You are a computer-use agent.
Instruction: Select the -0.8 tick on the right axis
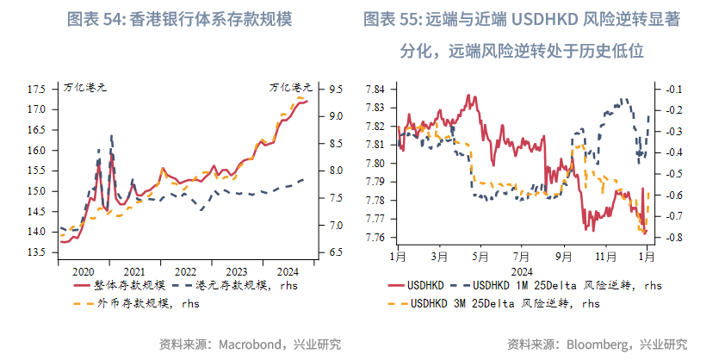[x=673, y=238]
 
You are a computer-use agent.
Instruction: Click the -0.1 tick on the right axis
[x=673, y=89]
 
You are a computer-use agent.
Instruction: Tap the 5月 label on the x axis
[x=480, y=256]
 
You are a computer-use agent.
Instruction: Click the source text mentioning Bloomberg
[x=598, y=344]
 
